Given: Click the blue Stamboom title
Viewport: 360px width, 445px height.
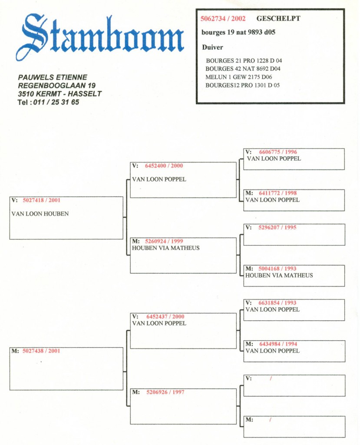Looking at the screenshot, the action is click(x=100, y=37).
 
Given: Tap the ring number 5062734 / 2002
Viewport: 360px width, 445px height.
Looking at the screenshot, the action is click(x=223, y=19).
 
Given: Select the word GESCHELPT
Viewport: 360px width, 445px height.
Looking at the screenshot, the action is click(x=278, y=18).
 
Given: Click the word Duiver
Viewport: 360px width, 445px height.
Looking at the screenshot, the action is click(x=212, y=47).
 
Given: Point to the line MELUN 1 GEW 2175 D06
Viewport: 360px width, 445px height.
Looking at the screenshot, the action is click(x=238, y=77).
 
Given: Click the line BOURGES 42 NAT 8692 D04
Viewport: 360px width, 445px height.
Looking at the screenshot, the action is click(x=243, y=69).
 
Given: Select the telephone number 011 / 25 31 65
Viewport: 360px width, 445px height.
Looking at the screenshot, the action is click(x=56, y=102).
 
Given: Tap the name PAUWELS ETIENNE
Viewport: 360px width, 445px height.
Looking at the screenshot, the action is click(x=53, y=77).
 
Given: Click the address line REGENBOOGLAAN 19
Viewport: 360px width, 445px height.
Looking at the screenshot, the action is click(x=57, y=86).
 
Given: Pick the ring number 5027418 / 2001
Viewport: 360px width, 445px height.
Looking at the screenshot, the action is click(x=41, y=200).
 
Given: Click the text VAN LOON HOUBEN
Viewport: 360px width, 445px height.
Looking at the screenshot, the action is click(x=40, y=214).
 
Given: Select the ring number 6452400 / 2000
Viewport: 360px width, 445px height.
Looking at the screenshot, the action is click(x=164, y=166).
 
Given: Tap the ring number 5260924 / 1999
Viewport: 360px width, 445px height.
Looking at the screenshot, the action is click(x=164, y=241).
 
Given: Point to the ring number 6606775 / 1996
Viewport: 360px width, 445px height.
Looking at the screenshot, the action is click(x=278, y=152).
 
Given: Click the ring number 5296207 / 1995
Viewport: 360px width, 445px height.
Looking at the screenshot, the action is click(x=277, y=227).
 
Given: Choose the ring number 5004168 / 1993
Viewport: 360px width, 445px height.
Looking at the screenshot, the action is click(x=277, y=269).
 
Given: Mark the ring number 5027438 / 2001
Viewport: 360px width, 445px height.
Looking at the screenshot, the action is click(x=41, y=351).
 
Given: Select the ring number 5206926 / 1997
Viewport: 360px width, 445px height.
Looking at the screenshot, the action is click(x=165, y=392).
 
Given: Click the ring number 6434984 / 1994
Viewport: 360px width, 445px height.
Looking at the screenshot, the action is click(x=278, y=344).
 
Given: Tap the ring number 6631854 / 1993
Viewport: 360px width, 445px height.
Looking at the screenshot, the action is click(x=277, y=303).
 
